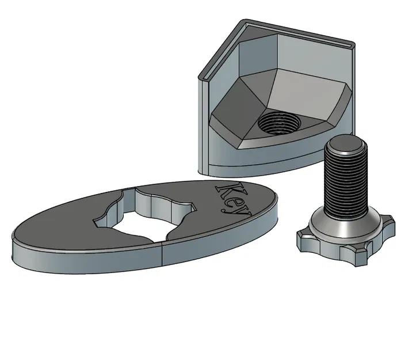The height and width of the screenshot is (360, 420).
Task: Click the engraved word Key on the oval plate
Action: coord(234,199)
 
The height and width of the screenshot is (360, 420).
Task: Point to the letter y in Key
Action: coord(243,210)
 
